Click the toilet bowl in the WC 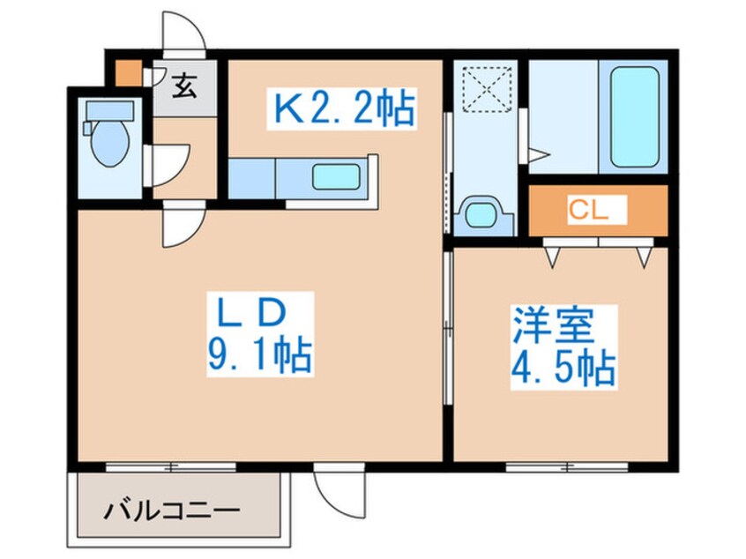coord(110,142)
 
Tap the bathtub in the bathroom coord(635,116)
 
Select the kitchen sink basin coord(336,176)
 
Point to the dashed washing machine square coord(487,90)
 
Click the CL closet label coord(589,209)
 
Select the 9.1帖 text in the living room coord(260,355)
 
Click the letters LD coord(251,313)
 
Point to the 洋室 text coord(553,326)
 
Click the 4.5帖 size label coord(563,369)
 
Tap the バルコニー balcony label coord(172,511)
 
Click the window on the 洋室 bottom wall coord(567,467)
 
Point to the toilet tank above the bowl coord(110,111)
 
